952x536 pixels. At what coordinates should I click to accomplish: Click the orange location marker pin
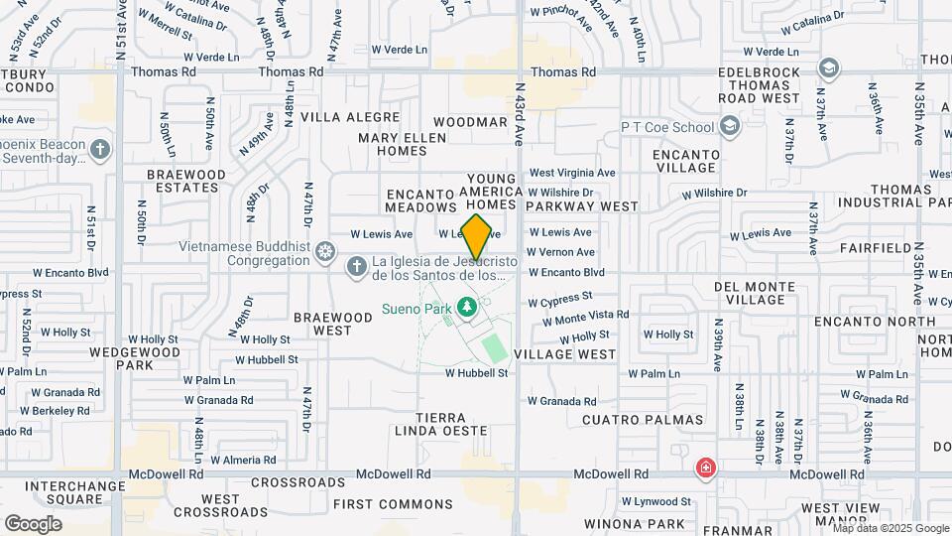click(x=477, y=237)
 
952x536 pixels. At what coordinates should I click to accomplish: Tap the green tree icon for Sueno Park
click(x=469, y=309)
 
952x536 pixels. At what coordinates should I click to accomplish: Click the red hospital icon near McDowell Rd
click(x=705, y=468)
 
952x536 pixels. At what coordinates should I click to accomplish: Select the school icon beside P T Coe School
click(x=731, y=126)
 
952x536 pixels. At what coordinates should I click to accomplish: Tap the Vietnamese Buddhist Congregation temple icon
click(x=323, y=252)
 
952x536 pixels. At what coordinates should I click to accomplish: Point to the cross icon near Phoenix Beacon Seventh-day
click(x=99, y=150)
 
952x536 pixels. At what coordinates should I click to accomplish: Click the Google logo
click(x=33, y=523)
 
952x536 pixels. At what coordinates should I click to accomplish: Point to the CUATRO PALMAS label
click(x=643, y=420)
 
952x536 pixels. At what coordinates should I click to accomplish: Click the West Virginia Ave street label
click(x=571, y=172)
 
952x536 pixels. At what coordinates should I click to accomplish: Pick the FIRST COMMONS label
click(x=379, y=504)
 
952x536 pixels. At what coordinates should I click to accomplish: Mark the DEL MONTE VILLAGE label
click(x=755, y=293)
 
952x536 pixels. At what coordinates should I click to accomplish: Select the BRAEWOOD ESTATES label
click(x=185, y=180)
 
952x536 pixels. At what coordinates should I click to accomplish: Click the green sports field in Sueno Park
click(x=494, y=348)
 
